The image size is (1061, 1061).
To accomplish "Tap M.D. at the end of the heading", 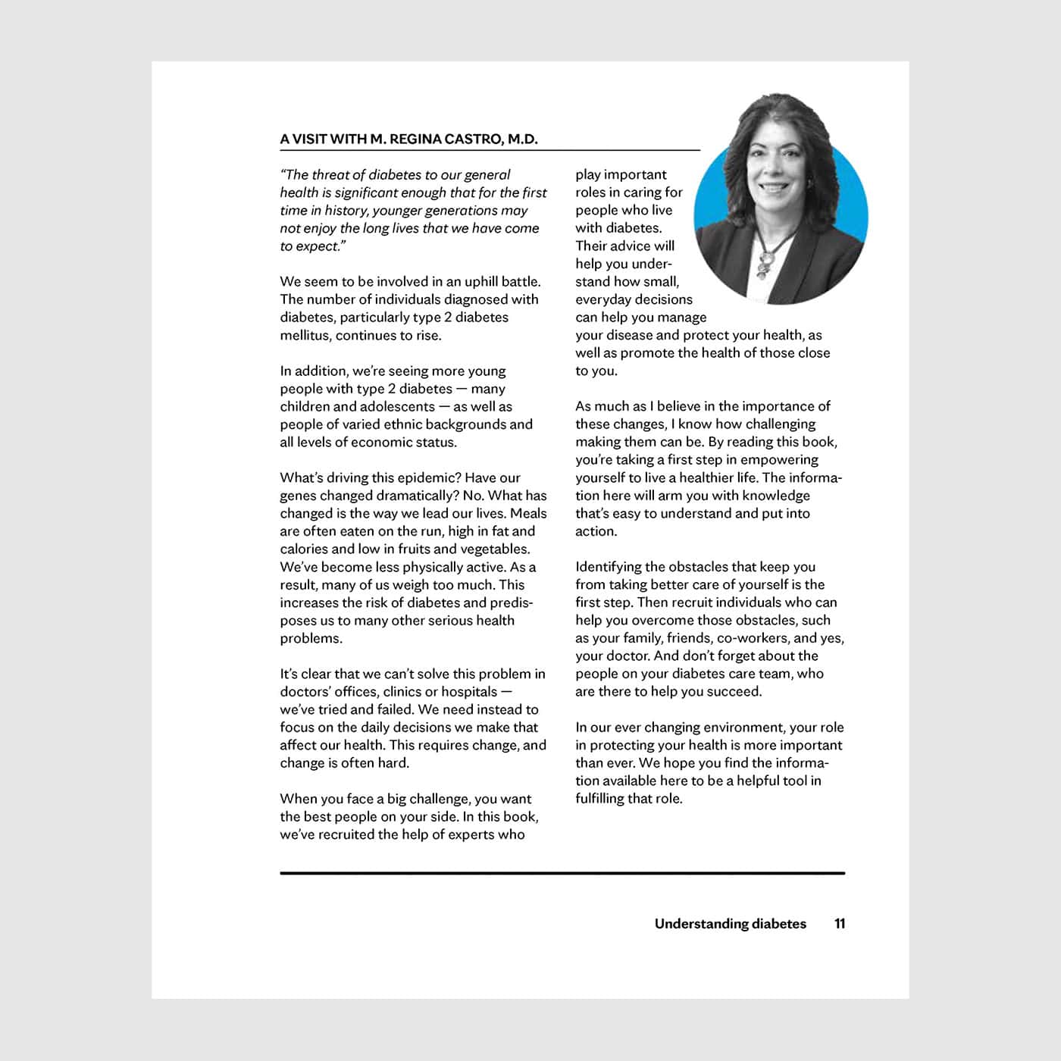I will pyautogui.click(x=522, y=139).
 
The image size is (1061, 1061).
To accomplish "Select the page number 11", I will pyautogui.click(x=840, y=924).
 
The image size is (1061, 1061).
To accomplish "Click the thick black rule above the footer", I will pyautogui.click(x=562, y=873).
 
